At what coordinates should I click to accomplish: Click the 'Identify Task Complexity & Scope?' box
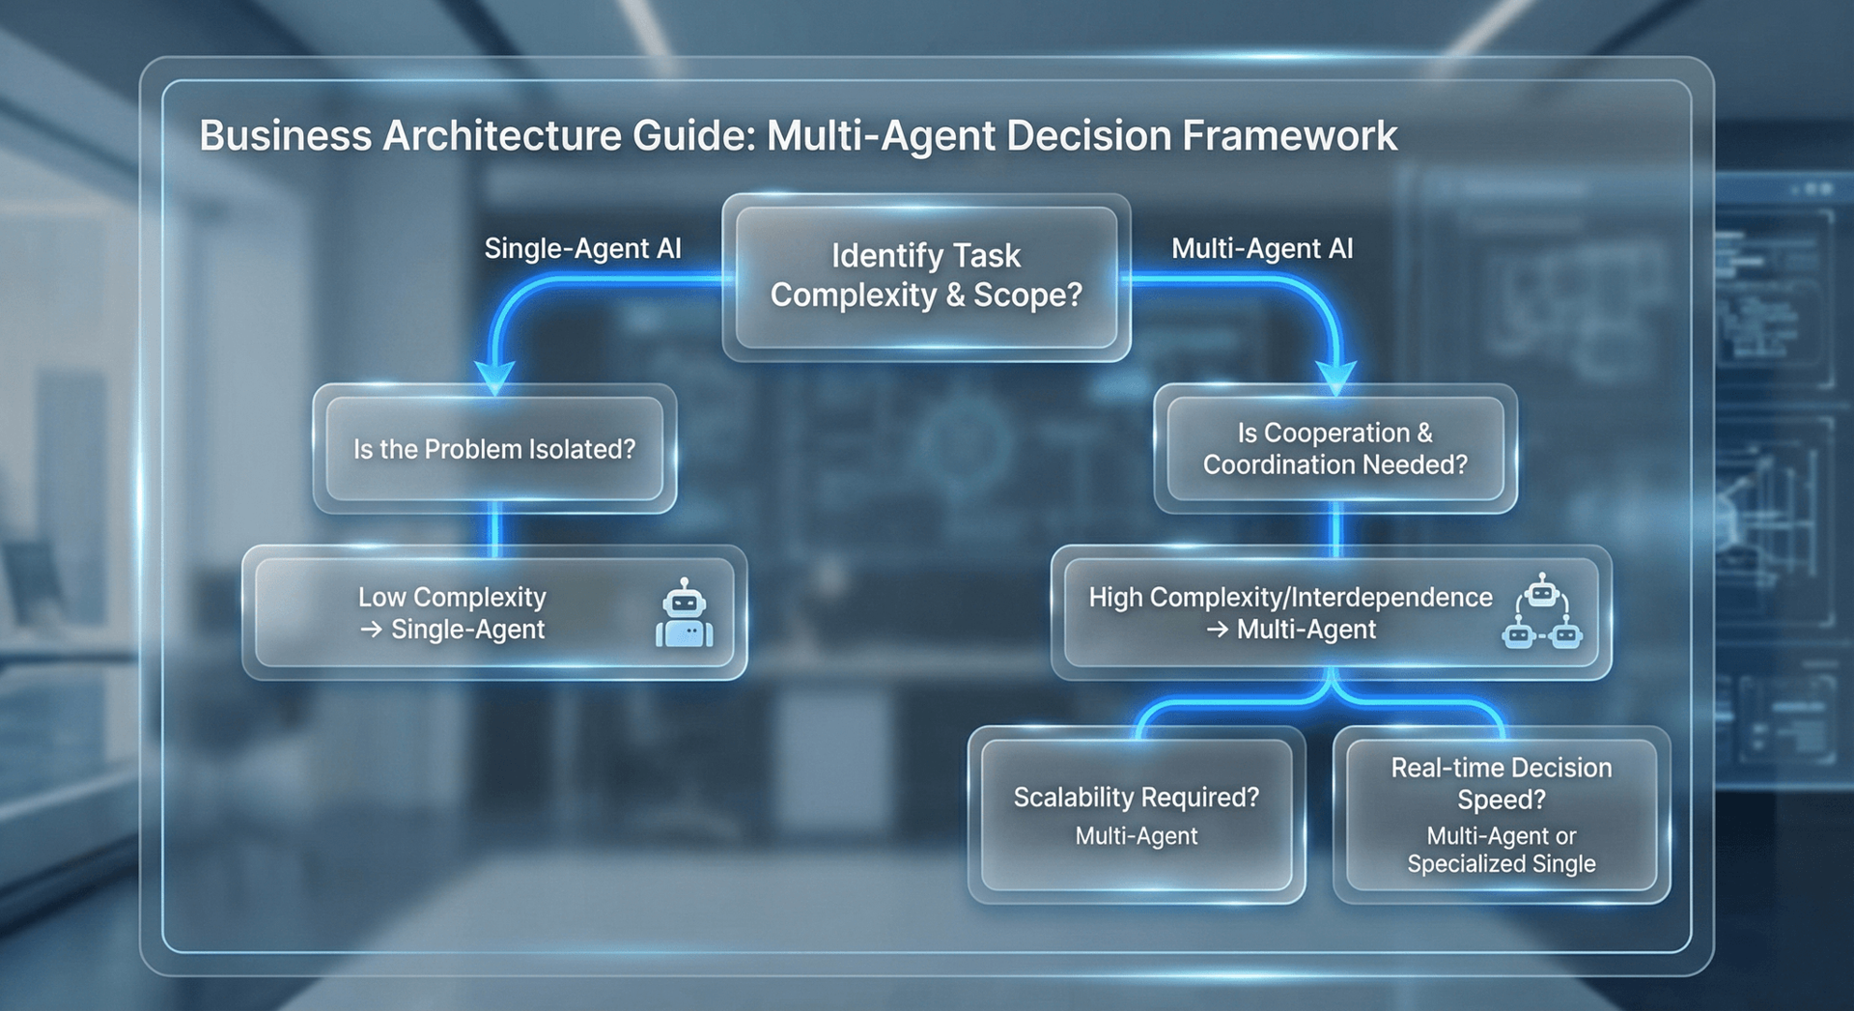point(926,276)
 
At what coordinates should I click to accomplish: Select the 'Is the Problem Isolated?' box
point(494,449)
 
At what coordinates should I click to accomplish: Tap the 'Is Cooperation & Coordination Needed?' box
point(1335,449)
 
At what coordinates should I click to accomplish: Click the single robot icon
point(685,614)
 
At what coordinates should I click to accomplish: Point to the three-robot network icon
point(1542,612)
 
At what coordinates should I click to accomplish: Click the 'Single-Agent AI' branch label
point(582,249)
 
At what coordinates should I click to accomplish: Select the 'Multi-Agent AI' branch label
point(1262,249)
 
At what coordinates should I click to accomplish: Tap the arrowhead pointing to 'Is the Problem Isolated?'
point(494,378)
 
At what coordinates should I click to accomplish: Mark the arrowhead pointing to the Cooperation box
point(1336,378)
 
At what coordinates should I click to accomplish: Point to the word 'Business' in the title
point(285,136)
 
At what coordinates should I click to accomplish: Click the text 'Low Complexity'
point(452,598)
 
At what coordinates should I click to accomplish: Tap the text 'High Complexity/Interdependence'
point(1290,598)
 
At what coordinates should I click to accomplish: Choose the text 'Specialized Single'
point(1502,864)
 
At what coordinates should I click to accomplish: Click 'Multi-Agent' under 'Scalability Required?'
point(1137,836)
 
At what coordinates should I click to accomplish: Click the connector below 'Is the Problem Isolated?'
point(495,529)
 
